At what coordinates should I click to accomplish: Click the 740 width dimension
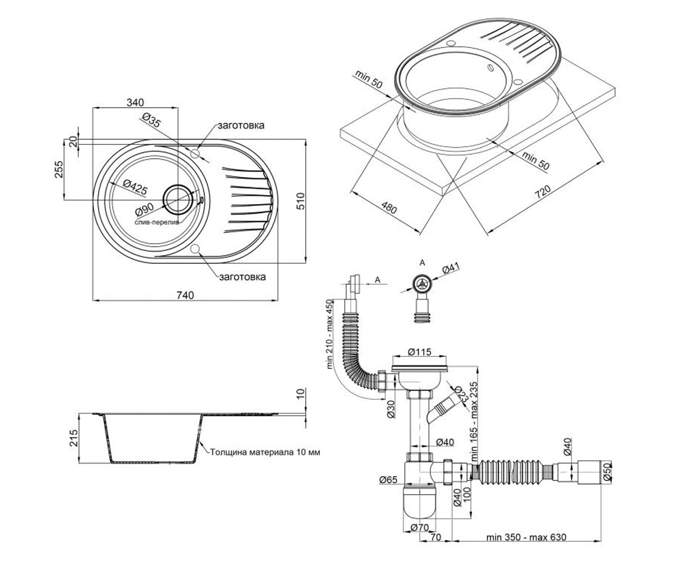tap(185, 295)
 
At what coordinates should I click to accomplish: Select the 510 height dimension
tap(300, 201)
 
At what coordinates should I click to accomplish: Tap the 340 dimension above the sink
tap(135, 103)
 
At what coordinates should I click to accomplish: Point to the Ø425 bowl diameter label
tap(135, 187)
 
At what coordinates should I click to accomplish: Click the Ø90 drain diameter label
tap(144, 209)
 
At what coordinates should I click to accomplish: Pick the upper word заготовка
tap(241, 125)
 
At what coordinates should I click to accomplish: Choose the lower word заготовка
tap(242, 277)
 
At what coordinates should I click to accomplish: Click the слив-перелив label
tap(157, 223)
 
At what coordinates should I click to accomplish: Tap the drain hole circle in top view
tap(178, 199)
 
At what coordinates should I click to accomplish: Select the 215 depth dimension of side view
tap(74, 438)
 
